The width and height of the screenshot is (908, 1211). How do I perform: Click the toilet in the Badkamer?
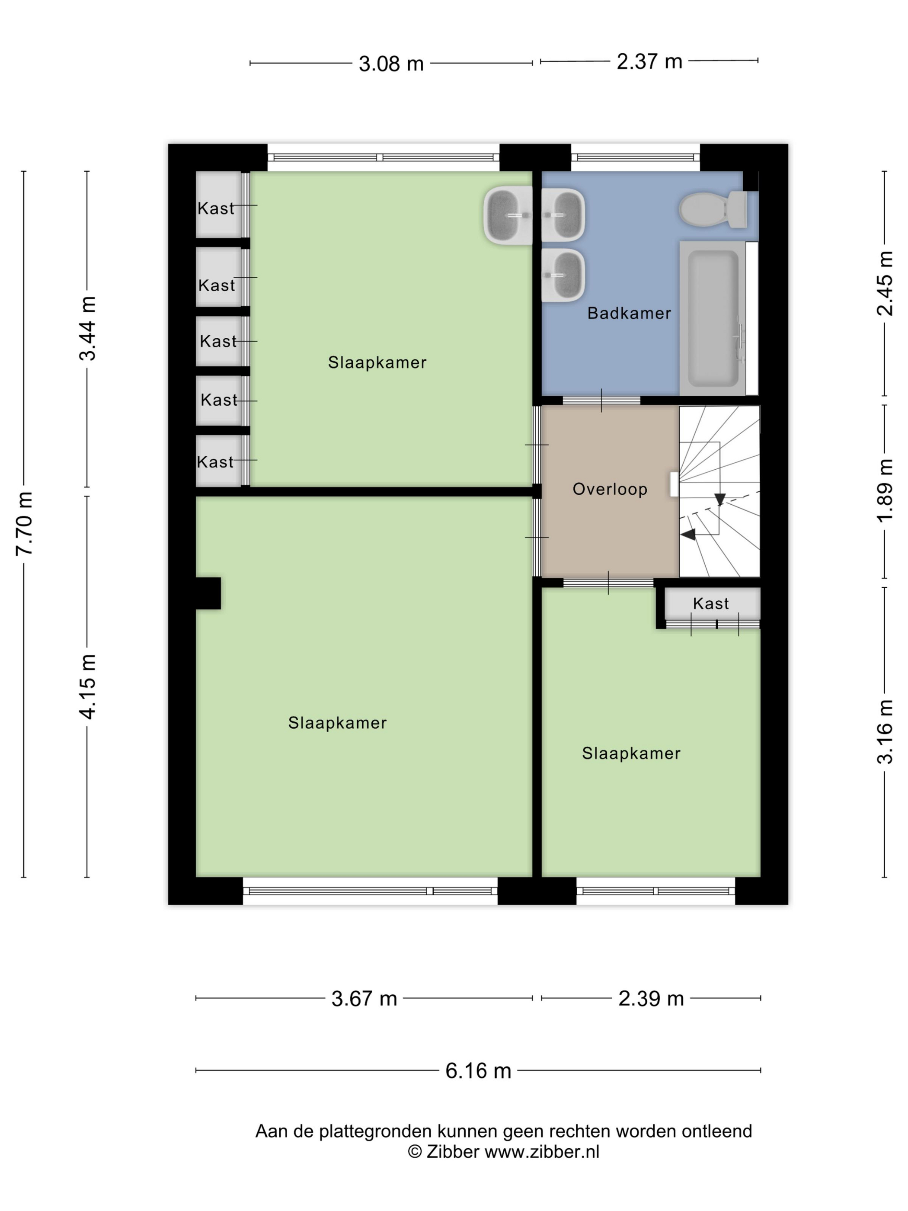713,209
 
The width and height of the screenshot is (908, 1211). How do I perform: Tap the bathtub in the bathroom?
713,318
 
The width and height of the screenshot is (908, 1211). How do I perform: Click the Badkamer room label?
629,313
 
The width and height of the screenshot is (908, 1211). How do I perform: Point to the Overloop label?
610,489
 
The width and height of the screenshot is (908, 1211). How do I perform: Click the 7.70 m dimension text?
25,524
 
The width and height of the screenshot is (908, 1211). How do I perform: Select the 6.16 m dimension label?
478,1070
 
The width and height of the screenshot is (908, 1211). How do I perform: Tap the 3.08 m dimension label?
391,64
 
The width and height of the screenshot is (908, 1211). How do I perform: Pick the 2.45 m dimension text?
885,284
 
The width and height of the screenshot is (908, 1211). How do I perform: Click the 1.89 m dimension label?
885,490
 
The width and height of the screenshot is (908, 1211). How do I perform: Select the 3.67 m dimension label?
364,998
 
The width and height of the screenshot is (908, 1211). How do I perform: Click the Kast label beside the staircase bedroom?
710,603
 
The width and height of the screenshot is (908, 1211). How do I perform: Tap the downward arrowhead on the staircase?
720,499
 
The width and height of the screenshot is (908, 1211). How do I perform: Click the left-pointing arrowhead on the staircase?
688,534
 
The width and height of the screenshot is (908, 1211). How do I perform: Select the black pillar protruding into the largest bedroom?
208,593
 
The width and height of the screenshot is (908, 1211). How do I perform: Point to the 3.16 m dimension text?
885,732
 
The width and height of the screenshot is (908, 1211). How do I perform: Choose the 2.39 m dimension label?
651,998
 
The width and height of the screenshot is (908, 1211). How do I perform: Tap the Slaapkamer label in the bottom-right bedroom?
631,753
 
